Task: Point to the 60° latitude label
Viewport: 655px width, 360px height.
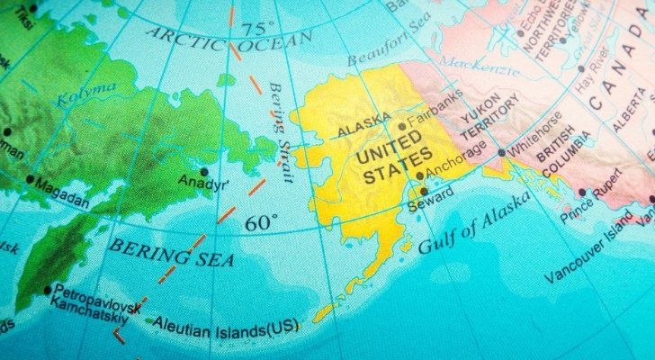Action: pos(261,223)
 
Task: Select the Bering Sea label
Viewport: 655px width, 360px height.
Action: pos(171,251)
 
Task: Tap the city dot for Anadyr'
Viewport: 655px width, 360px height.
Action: pos(206,171)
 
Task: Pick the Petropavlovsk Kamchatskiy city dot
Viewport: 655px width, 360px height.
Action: pos(47,290)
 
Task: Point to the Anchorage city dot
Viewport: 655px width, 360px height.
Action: pos(419,176)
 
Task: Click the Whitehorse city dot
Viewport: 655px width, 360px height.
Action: pos(501,153)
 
